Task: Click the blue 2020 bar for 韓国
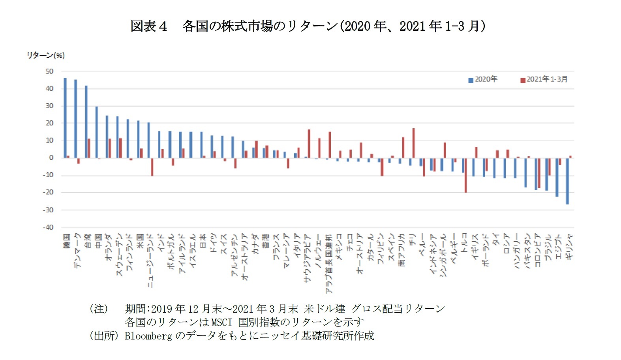pyautogui.click(x=65, y=118)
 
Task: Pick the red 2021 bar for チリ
pyautogui.click(x=413, y=143)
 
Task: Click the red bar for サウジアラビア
pyautogui.click(x=309, y=144)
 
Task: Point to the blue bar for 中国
pyautogui.click(x=97, y=132)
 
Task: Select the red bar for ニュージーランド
pyautogui.click(x=152, y=167)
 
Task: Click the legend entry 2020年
pyautogui.click(x=482, y=79)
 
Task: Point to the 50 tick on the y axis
pyautogui.click(x=49, y=71)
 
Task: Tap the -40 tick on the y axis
pyautogui.click(x=48, y=227)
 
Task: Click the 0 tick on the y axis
pyautogui.click(x=51, y=157)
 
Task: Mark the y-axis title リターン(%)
pyautogui.click(x=45, y=55)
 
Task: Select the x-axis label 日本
pyautogui.click(x=203, y=240)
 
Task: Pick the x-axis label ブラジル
pyautogui.click(x=548, y=247)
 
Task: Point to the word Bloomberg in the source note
pyautogui.click(x=148, y=336)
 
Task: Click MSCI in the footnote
pyautogui.click(x=221, y=322)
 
